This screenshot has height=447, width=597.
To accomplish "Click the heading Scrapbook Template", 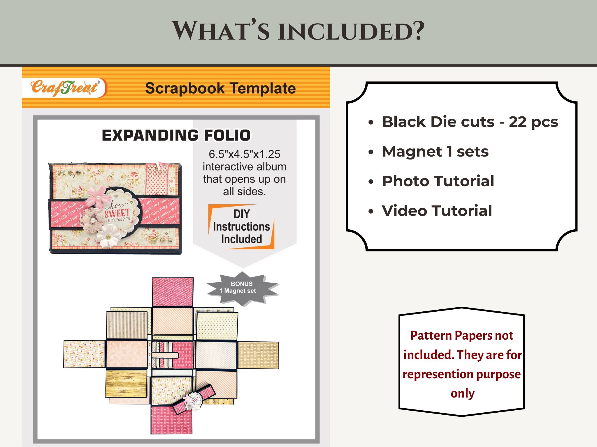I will (220, 88).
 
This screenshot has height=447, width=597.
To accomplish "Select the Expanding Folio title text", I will (176, 135).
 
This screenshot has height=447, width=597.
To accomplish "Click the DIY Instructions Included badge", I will (241, 227).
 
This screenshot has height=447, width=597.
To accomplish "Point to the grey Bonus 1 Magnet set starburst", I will (242, 288).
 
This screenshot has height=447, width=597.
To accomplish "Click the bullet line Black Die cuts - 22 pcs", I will (470, 122).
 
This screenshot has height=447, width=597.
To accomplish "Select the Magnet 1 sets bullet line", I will (435, 151).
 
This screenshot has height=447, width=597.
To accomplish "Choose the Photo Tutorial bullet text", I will (438, 181).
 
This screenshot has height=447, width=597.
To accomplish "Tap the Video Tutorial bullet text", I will (437, 211).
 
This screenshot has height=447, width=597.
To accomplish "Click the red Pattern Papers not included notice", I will (462, 364).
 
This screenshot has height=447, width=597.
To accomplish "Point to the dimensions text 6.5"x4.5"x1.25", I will (244, 154).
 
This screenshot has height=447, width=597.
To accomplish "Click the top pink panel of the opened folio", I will (173, 292).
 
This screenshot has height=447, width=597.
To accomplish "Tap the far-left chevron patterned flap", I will (84, 354).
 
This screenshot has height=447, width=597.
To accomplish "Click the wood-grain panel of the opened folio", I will (126, 383).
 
